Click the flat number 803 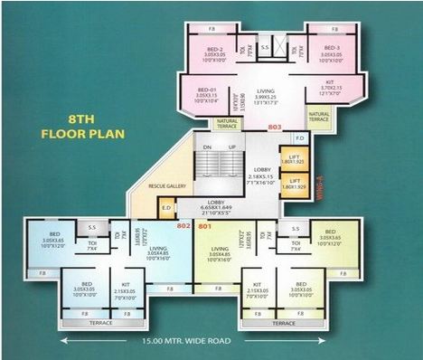click(x=275, y=128)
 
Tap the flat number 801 click(x=203, y=225)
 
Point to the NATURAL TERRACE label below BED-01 click(x=227, y=122)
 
